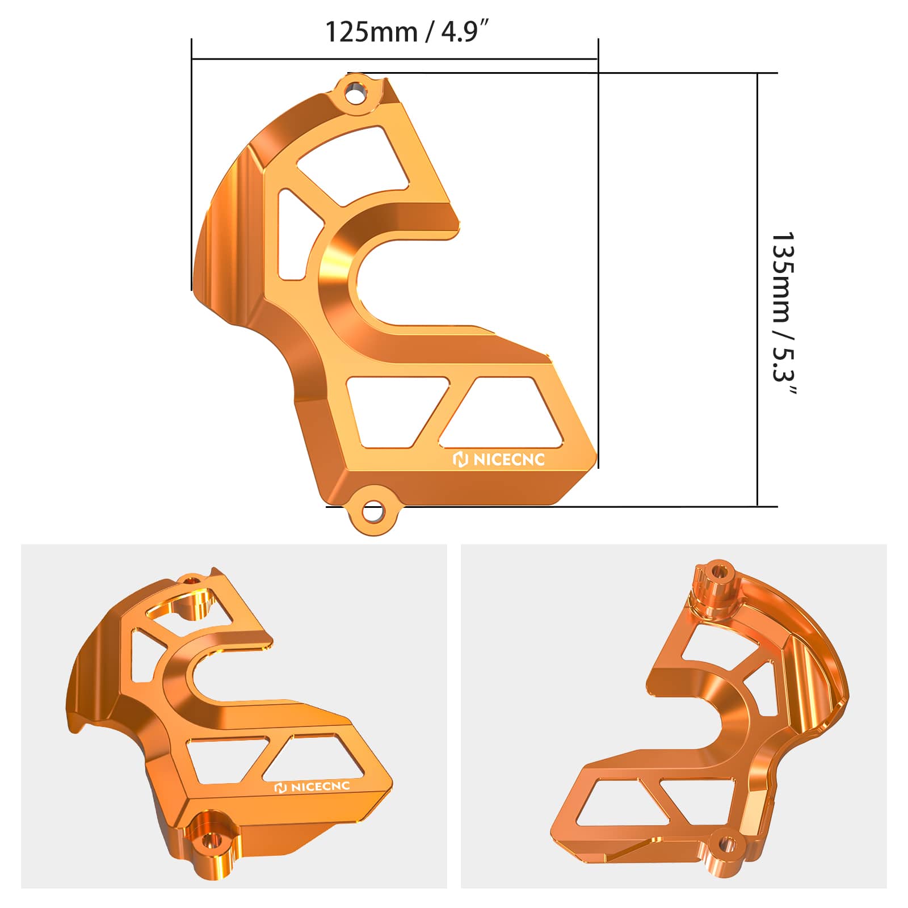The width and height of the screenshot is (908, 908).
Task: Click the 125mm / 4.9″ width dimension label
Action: coord(406,32)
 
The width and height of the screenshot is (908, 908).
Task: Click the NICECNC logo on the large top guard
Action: coord(499,459)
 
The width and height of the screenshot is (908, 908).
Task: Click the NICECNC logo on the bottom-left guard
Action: coord(312,787)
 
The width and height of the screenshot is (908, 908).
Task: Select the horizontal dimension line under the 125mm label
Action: coord(394,58)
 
